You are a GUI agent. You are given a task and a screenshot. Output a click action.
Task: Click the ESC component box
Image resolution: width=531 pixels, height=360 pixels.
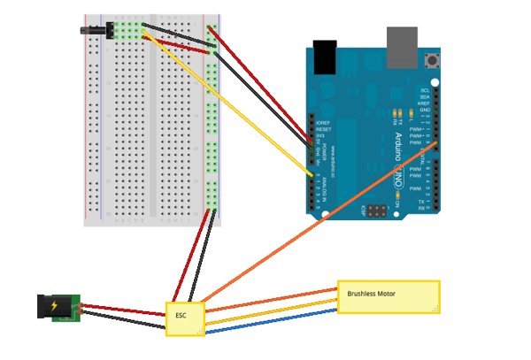point(185,318)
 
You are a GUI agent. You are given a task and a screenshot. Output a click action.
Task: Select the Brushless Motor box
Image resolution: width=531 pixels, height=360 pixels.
point(389,296)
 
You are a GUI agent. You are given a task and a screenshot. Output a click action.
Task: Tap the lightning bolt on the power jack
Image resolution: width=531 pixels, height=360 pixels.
point(55,307)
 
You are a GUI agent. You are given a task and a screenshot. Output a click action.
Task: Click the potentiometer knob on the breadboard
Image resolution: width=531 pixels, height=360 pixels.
point(93,30)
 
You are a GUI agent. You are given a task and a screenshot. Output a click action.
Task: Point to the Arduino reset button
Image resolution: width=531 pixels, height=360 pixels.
point(433,61)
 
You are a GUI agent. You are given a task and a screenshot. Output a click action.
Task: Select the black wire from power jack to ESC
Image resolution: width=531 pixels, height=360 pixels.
point(124,322)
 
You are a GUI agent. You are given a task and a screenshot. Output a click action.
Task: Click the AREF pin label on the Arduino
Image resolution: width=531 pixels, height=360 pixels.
point(425,103)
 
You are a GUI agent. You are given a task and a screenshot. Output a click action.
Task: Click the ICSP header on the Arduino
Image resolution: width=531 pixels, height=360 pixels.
point(378,212)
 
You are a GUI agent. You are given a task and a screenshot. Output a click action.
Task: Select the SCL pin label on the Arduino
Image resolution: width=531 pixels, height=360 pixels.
point(425,90)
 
